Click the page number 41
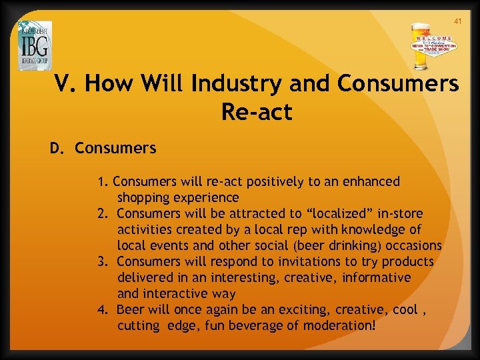coord(457,21)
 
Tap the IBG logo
coord(35,45)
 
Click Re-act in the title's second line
coord(257,112)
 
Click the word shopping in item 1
coord(145,197)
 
